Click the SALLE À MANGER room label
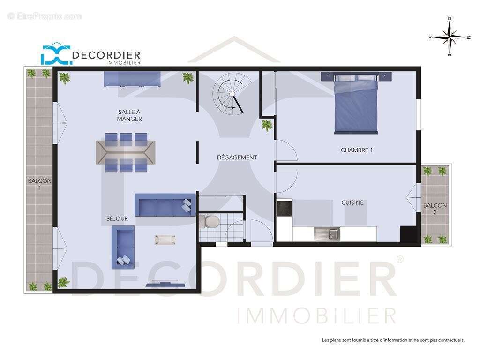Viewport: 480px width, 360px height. (x=129, y=115)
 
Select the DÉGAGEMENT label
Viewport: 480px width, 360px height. (x=237, y=157)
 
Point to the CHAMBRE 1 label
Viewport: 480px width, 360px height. (x=356, y=150)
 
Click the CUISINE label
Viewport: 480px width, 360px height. (x=352, y=203)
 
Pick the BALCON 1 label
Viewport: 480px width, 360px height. (x=40, y=184)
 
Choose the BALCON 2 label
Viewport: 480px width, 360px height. (x=435, y=209)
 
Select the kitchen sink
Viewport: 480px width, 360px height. (x=327, y=233)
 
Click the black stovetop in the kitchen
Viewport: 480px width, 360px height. (x=284, y=208)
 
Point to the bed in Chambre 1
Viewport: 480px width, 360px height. (x=356, y=104)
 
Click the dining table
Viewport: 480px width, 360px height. (x=126, y=152)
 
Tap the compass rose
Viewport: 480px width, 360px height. (x=450, y=37)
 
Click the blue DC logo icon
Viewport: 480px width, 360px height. (x=56, y=54)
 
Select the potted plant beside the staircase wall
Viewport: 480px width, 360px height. (x=267, y=125)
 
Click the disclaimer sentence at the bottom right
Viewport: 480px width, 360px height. (x=393, y=340)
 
